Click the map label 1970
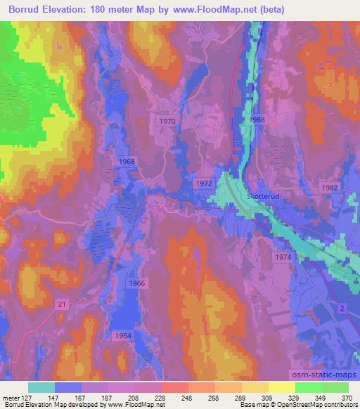(167, 121)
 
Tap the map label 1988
(257, 120)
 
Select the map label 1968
(127, 162)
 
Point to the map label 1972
(205, 183)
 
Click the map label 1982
(330, 188)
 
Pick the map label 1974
(283, 258)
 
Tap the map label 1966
(137, 283)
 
